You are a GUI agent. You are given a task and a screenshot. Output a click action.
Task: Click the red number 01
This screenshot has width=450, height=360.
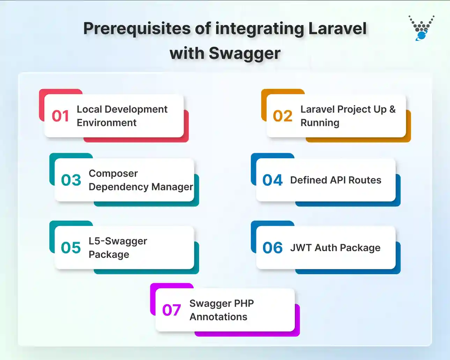(x=60, y=116)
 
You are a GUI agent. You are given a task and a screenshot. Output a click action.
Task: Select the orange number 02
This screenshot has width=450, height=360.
(x=282, y=116)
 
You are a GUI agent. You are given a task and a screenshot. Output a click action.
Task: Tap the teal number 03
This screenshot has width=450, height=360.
(x=71, y=180)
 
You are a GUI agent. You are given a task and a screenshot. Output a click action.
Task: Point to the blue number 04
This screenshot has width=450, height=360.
(x=272, y=180)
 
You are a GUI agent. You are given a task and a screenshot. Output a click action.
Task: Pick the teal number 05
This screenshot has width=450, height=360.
(x=71, y=248)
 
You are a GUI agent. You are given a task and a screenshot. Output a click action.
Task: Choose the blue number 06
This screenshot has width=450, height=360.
(x=272, y=248)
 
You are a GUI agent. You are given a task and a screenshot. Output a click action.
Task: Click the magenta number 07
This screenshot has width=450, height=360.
(x=171, y=310)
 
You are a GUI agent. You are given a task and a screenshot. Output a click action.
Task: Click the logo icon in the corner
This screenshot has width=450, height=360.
(x=422, y=28)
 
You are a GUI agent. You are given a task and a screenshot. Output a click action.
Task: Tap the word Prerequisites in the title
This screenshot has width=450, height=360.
(x=137, y=29)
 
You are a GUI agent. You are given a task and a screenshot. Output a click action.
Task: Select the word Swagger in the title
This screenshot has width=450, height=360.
(x=244, y=53)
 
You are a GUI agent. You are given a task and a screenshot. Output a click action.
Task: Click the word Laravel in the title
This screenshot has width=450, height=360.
(x=338, y=29)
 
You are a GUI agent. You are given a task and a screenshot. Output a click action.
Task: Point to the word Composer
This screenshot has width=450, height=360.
(x=113, y=173)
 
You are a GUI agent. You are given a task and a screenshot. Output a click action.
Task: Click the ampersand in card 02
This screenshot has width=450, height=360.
(x=392, y=109)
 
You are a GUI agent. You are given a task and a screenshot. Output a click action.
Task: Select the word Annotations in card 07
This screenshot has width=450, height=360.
(x=218, y=317)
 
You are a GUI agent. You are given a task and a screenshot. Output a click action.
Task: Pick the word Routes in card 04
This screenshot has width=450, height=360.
(x=365, y=180)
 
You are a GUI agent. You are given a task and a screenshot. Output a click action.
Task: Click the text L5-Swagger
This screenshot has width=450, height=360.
(x=118, y=241)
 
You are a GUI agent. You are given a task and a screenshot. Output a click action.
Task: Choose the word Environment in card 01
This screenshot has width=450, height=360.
(x=106, y=123)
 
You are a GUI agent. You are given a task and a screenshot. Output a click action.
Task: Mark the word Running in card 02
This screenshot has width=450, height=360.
(x=320, y=123)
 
